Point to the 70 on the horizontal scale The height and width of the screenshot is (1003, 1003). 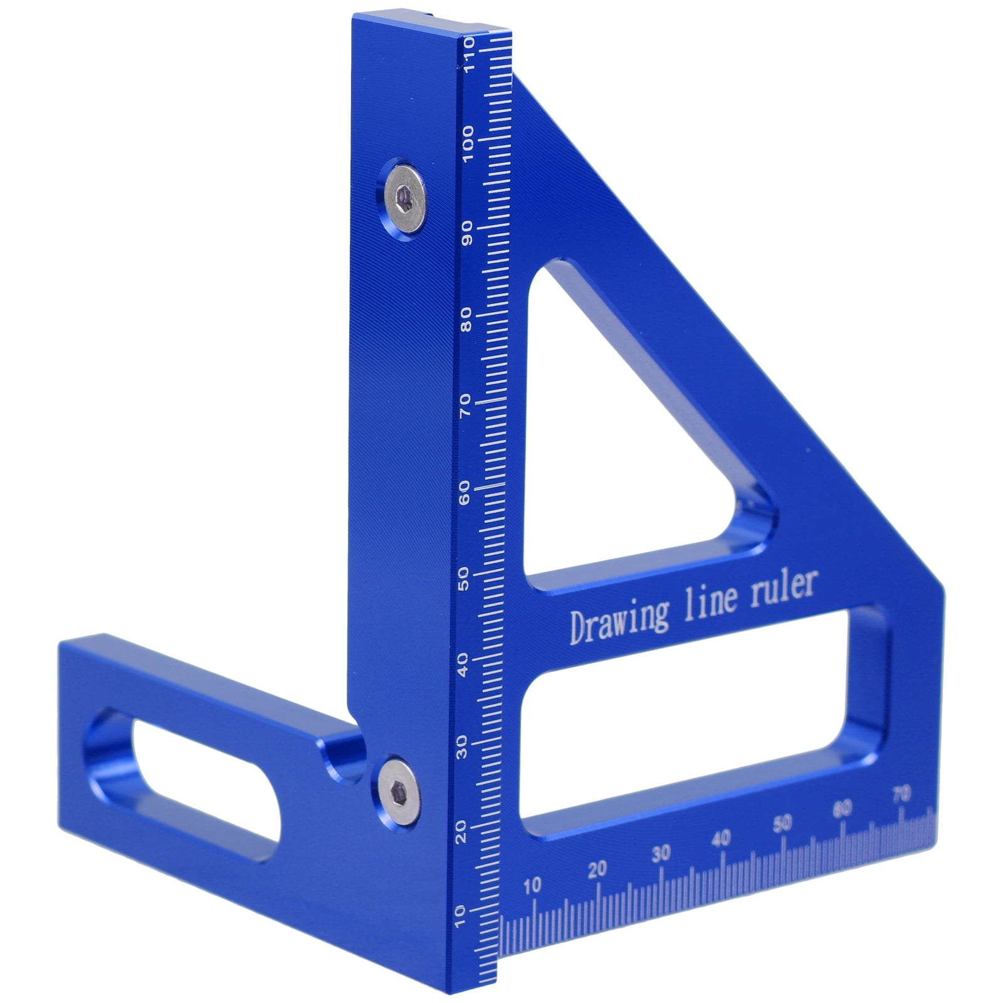coord(901,795)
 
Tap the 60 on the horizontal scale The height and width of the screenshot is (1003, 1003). coord(842,809)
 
